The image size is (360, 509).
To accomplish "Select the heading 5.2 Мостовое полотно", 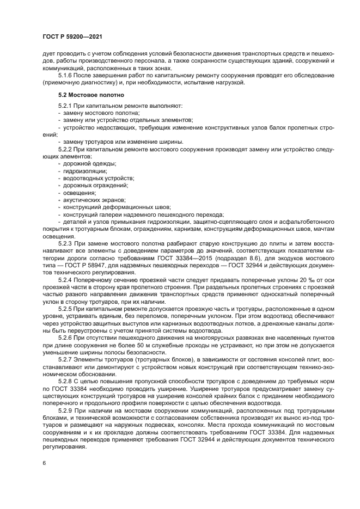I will [x=87, y=94].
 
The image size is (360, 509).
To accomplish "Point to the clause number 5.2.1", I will [x=66, y=105].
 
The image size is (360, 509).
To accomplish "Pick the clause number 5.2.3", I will [x=66, y=243].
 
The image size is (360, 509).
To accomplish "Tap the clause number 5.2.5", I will [x=66, y=308].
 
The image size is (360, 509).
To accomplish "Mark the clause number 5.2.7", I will [x=66, y=360].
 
